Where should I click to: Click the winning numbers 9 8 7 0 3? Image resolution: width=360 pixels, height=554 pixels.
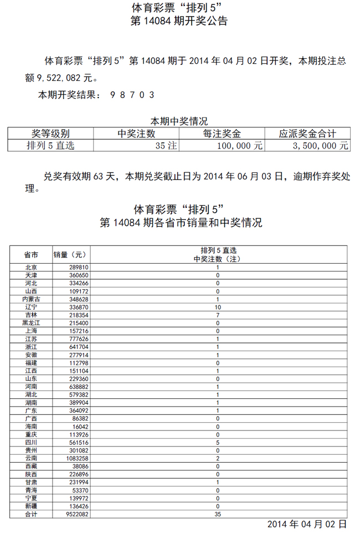[x=132, y=95]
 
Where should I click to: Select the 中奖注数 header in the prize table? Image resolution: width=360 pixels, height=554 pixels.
[x=137, y=134]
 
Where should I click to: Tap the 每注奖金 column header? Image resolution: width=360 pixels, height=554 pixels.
[x=222, y=134]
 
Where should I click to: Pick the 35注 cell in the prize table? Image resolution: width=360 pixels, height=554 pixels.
[x=166, y=146]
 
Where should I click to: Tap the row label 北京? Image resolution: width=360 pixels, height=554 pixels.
[x=31, y=267]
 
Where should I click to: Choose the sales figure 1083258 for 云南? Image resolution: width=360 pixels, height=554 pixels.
[x=76, y=458]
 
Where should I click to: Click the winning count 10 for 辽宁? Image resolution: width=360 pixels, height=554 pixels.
[x=218, y=307]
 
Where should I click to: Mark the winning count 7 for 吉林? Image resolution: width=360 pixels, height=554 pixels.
[x=218, y=315]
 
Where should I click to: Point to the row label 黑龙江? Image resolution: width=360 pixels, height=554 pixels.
[x=31, y=323]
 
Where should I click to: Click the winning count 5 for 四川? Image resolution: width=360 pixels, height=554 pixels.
[x=218, y=443]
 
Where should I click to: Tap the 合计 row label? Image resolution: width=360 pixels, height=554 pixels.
[x=31, y=514]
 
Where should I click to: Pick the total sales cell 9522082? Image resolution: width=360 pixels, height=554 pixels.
[x=76, y=514]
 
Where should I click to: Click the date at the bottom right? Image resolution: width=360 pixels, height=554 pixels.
[x=307, y=524]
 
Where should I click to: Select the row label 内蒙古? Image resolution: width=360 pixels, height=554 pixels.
[x=31, y=299]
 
